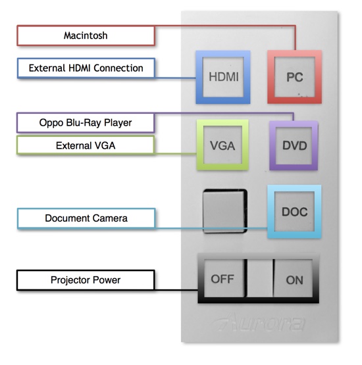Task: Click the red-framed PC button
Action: (x=294, y=77)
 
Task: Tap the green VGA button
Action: (x=222, y=145)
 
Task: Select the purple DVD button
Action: (x=294, y=145)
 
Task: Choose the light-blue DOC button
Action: (x=294, y=212)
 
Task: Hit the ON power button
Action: (x=294, y=280)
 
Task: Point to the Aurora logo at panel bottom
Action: (x=260, y=324)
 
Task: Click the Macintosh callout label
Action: (x=86, y=36)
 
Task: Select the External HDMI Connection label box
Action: (x=86, y=68)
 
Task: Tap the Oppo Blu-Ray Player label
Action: (x=86, y=122)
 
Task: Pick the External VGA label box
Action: (x=86, y=145)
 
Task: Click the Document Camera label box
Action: (x=86, y=218)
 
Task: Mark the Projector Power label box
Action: (x=86, y=280)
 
